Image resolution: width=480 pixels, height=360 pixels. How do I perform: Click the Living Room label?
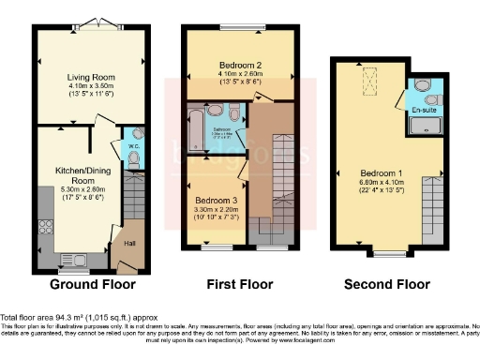click(90, 78)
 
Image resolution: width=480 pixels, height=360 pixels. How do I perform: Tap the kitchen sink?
click(73, 259)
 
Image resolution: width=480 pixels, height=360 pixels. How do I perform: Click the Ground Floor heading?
click(92, 284)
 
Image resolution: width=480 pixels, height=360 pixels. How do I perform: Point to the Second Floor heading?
click(386, 284)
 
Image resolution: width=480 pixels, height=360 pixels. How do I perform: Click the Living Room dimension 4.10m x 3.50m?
click(90, 87)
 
